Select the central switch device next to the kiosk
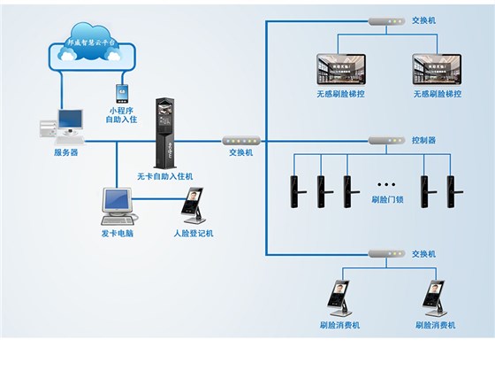tap(240, 140)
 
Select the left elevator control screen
tap(341, 69)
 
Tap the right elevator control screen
tap(437, 69)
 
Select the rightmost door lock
tap(459, 186)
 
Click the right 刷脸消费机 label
tap(435, 325)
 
